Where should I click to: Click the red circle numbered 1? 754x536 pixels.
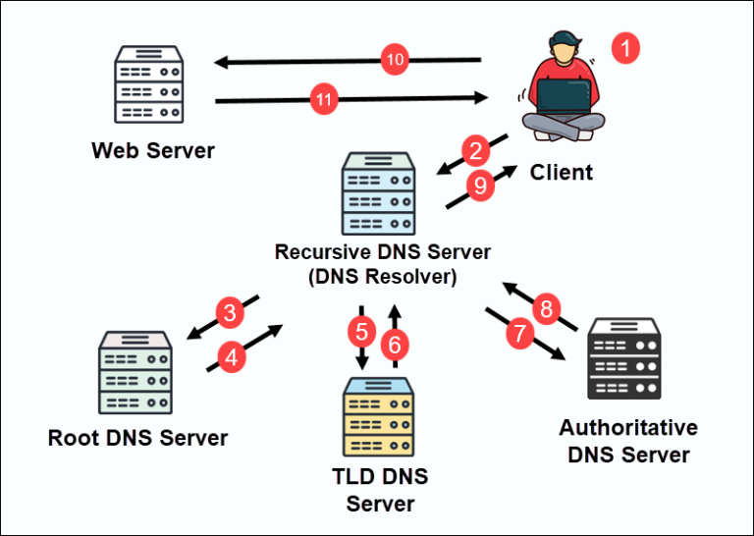(625, 47)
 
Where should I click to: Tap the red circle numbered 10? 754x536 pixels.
(395, 61)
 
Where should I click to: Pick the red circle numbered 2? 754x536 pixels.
(476, 151)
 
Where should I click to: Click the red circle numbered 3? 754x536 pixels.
(230, 314)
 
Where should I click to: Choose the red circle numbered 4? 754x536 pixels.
(232, 358)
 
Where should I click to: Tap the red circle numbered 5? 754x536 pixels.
(361, 330)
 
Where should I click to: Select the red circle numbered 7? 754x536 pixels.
(518, 334)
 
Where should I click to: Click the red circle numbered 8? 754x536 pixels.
(547, 309)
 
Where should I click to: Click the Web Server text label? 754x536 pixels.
(152, 151)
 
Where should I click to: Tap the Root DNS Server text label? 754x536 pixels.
(137, 438)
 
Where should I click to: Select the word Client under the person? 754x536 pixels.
(562, 173)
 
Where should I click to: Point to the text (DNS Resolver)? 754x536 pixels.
(382, 277)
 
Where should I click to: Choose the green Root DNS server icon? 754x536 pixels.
(135, 373)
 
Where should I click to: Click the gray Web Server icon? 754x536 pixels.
(150, 83)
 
